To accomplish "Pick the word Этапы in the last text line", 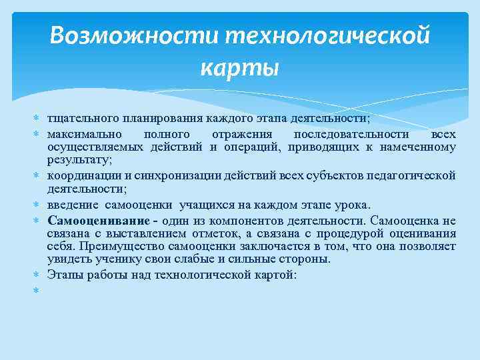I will click(x=64, y=274).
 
